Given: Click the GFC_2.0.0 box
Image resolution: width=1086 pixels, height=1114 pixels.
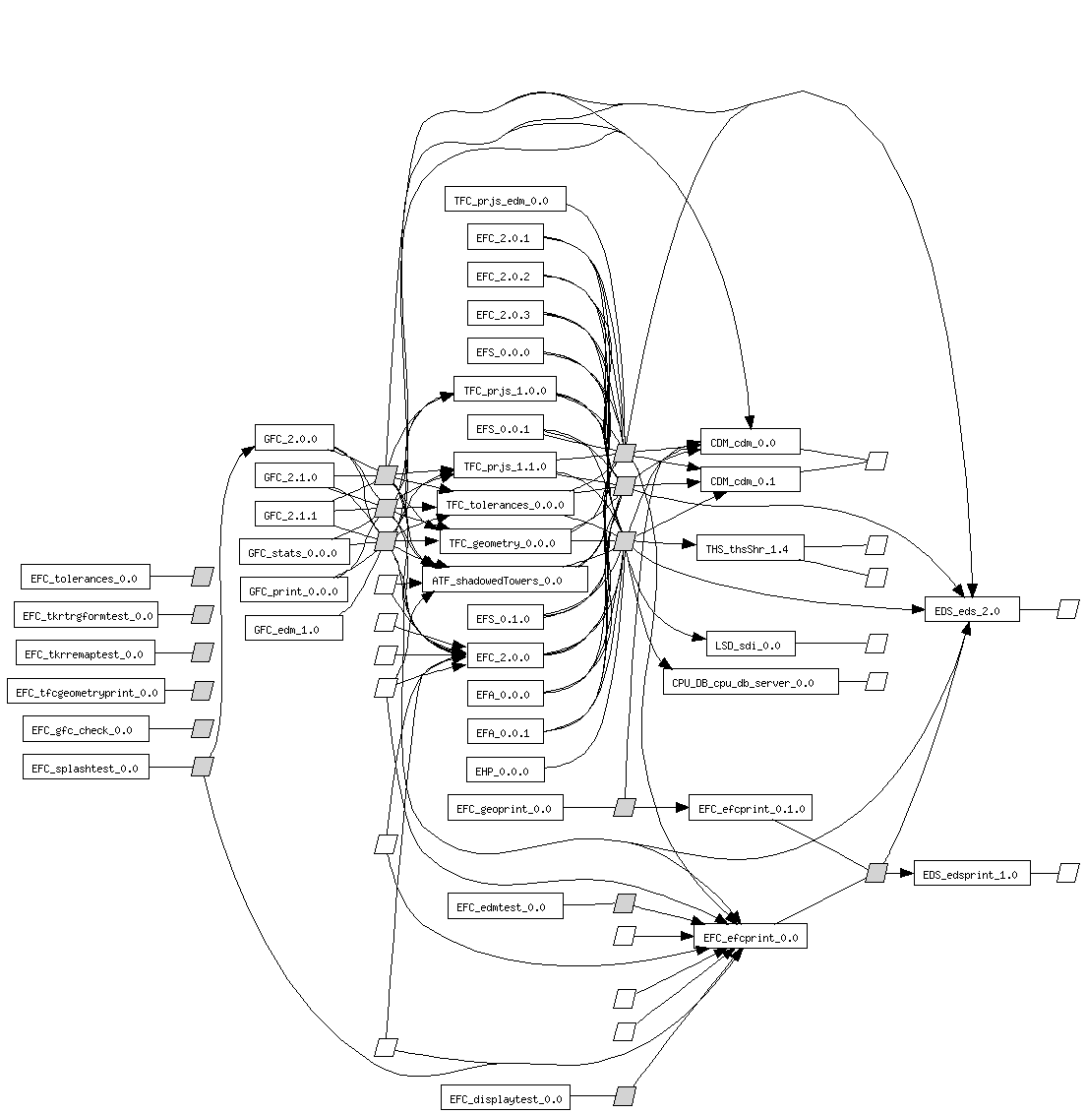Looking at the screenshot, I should (x=293, y=439).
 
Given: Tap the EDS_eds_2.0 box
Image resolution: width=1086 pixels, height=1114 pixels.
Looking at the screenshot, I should (x=971, y=610).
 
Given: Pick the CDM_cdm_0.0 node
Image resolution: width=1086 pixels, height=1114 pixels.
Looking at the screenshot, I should (x=750, y=442).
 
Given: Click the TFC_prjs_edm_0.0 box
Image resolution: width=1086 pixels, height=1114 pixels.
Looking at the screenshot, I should (x=505, y=201).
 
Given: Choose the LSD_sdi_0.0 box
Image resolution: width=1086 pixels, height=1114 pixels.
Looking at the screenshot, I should (x=750, y=645).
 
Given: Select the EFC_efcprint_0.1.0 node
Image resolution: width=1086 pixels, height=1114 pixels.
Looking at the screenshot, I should (x=751, y=809).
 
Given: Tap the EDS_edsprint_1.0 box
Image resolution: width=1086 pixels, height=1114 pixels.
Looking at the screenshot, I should (x=972, y=873).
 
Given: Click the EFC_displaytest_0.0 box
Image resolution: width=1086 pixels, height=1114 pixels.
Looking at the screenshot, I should (x=506, y=1098).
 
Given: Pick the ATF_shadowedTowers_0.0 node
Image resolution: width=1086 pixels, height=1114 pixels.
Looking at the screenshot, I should (x=505, y=581).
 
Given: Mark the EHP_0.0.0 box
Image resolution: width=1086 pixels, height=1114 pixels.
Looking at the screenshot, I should (x=504, y=771).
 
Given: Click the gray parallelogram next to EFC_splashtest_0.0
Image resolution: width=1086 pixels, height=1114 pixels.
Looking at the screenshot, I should (x=202, y=767).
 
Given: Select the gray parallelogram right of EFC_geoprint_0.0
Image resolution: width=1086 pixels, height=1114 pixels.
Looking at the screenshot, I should (x=625, y=808).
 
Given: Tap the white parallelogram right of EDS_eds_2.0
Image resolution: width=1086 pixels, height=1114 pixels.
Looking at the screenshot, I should (x=1067, y=610).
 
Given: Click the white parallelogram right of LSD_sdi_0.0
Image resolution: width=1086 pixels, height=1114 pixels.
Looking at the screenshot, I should (x=876, y=644).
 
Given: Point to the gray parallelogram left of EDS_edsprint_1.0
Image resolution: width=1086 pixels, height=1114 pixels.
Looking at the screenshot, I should (x=875, y=873).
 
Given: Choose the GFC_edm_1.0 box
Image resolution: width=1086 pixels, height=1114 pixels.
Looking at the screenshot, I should (x=293, y=629).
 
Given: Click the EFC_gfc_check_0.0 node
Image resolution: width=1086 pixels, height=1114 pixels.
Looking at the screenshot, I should (x=82, y=729).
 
